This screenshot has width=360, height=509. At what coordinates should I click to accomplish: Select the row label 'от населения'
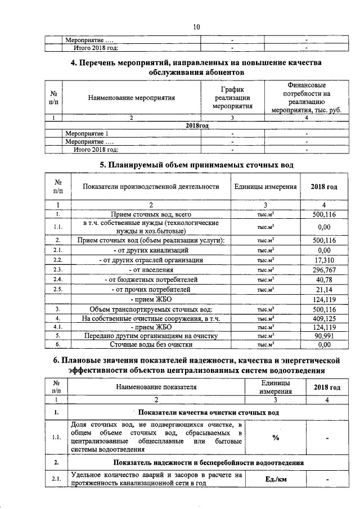150,270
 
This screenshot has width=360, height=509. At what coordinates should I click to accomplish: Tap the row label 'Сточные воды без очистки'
147,345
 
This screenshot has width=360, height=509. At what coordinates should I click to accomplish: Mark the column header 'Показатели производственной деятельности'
150,186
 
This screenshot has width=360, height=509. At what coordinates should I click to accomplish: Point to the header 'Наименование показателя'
156,388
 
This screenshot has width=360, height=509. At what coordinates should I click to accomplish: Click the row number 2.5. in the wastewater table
57,289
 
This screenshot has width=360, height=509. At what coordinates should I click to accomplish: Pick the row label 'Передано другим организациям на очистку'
147,336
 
